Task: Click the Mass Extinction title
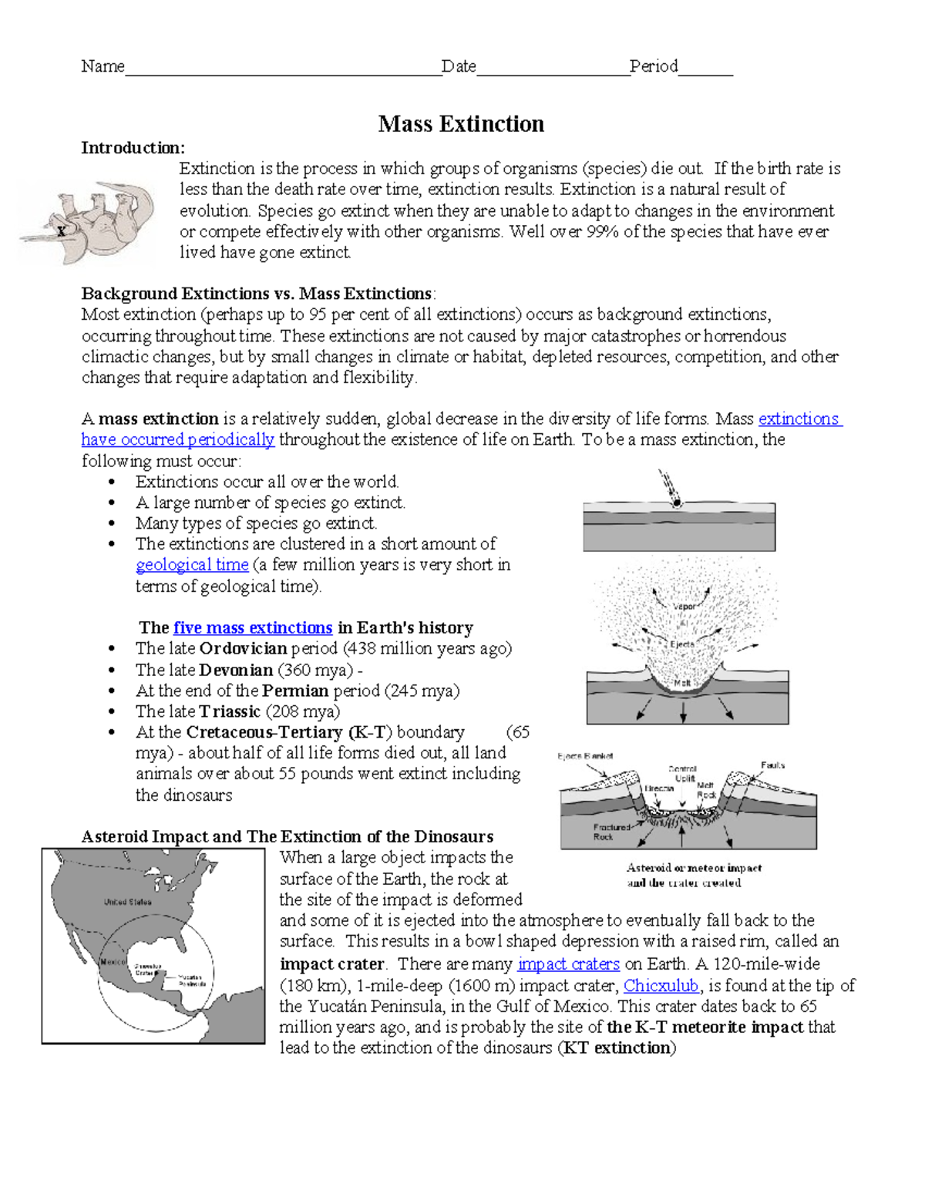click(x=461, y=124)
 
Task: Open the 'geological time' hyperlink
click(x=192, y=565)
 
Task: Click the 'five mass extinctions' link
click(x=253, y=628)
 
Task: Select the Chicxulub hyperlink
click(x=661, y=986)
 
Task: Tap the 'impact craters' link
click(x=568, y=964)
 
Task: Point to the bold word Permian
click(x=295, y=691)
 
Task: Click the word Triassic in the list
click(x=230, y=712)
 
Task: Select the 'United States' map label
click(x=128, y=902)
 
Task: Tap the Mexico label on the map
click(x=113, y=962)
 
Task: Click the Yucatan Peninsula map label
click(x=192, y=980)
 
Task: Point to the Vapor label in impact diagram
click(x=684, y=607)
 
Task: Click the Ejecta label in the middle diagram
click(x=682, y=644)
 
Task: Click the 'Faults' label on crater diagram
click(x=772, y=765)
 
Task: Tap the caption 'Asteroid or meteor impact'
click(x=694, y=868)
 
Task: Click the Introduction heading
click(x=133, y=148)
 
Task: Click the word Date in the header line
click(x=458, y=67)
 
